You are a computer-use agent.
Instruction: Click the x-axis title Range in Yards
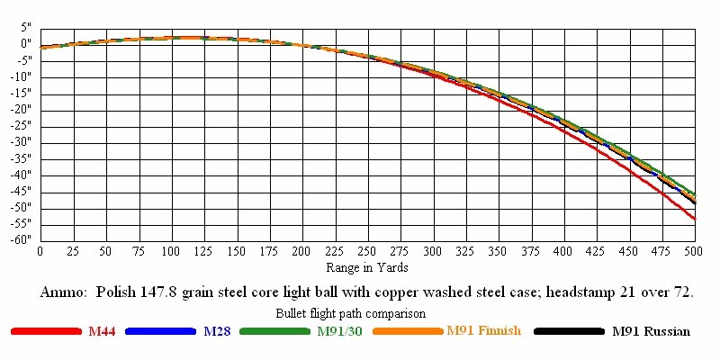click(x=367, y=267)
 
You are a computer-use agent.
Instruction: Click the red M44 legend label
click(x=102, y=331)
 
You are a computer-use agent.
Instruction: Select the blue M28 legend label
click(x=217, y=331)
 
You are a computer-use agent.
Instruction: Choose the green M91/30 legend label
click(x=339, y=331)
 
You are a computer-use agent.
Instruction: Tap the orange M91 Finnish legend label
click(x=483, y=331)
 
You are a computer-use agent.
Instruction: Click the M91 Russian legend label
click(x=651, y=331)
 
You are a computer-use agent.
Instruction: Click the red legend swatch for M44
click(x=46, y=332)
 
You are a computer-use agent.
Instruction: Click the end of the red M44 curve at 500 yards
click(x=694, y=219)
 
